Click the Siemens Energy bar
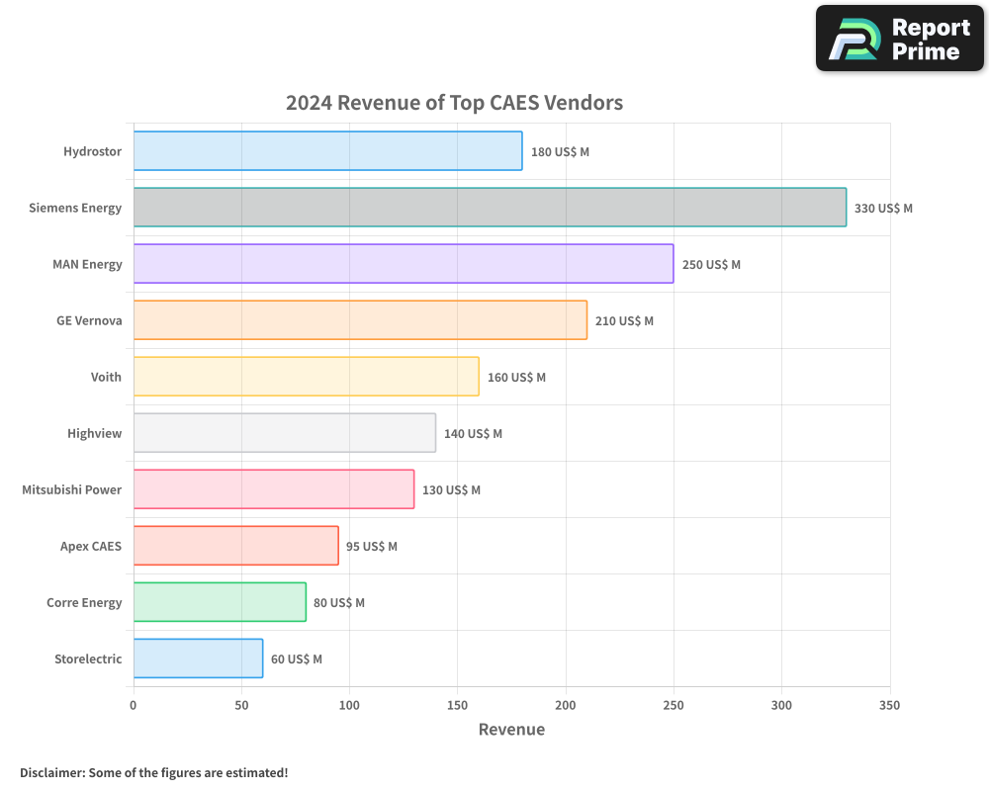490,208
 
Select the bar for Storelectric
198,659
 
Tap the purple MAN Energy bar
404,264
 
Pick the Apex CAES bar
236,546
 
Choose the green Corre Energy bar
220,602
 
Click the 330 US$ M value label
883,209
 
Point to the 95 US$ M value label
372,547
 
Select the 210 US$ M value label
624,321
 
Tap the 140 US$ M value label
473,434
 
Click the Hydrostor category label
92,152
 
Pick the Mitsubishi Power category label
72,490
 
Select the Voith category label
106,378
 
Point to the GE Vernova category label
89,321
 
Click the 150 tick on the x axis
457,705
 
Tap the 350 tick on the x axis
889,705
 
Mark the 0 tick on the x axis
134,705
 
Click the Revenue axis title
511,730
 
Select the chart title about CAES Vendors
454,102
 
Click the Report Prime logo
900,39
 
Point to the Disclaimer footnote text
153,772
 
